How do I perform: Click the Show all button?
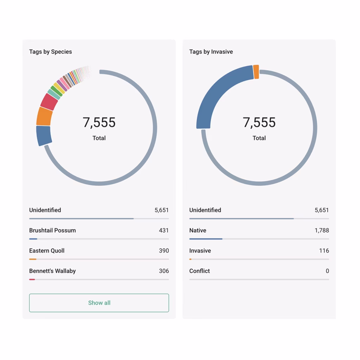pos(99,303)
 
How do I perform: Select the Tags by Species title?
pos(50,52)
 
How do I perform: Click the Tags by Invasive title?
pos(211,52)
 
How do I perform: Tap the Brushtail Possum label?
pos(52,230)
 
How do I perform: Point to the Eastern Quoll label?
pos(47,251)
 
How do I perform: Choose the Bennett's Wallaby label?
pos(52,271)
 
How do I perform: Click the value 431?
pos(163,230)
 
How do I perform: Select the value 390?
pos(163,251)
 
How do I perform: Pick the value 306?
pos(163,271)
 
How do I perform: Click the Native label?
pos(198,230)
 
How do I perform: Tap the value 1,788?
pos(321,230)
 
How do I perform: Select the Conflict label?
pos(199,271)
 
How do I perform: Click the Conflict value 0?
pos(327,271)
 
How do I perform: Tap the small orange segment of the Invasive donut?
pos(256,72)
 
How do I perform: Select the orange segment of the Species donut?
pos(45,116)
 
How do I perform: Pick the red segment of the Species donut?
pos(49,102)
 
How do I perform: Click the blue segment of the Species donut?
pos(44,135)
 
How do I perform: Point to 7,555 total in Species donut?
pos(99,122)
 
